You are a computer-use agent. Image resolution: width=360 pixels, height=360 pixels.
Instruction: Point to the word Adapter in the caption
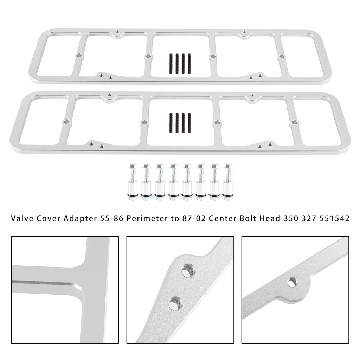pyautogui.click(x=80, y=219)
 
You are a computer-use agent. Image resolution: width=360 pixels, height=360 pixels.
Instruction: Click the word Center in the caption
pyautogui.click(x=223, y=218)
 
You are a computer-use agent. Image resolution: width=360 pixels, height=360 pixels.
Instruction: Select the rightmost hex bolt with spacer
pyautogui.click(x=228, y=182)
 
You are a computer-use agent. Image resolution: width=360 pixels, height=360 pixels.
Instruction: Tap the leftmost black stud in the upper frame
pyautogui.click(x=171, y=64)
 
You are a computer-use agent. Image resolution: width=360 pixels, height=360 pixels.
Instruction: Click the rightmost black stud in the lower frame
pyautogui.click(x=189, y=123)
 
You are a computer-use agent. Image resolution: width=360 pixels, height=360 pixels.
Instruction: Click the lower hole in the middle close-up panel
pyautogui.click(x=175, y=303)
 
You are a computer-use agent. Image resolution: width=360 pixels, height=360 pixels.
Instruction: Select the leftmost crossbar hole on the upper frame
pyautogui.click(x=79, y=56)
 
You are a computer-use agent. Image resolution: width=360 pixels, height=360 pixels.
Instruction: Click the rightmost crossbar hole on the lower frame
pyautogui.click(x=294, y=122)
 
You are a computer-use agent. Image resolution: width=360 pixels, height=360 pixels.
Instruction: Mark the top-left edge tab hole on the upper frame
pyautogui.click(x=117, y=31)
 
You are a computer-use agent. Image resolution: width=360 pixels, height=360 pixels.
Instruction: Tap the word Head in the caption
pyautogui.click(x=270, y=218)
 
